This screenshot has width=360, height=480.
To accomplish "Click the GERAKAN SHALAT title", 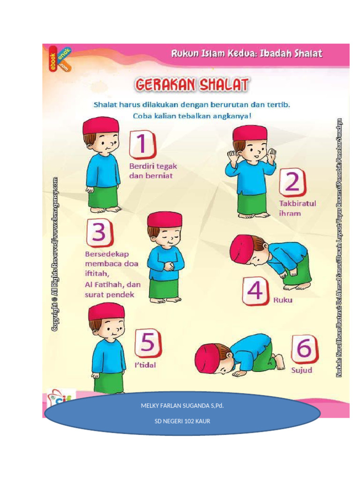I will coord(192,85).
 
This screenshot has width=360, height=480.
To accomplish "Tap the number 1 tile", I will coord(142,144).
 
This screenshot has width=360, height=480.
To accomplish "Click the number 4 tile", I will coord(255,291).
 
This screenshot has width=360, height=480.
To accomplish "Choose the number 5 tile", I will coord(148,343).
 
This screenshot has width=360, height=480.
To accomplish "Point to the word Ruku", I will coord(283,300).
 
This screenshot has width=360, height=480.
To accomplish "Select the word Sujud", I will coord(301,370).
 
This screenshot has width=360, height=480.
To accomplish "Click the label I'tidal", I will coord(145,365).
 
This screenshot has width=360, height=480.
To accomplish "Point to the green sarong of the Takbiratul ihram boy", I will coord(252,202).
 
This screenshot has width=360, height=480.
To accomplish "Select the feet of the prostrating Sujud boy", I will coord(279,362).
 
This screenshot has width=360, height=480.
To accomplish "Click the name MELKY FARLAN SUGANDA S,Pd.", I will coord(182,405).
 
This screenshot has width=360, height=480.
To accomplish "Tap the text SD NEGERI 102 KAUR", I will coord(182,421).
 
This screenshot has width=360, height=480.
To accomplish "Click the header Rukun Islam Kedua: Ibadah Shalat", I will coord(246,53).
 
